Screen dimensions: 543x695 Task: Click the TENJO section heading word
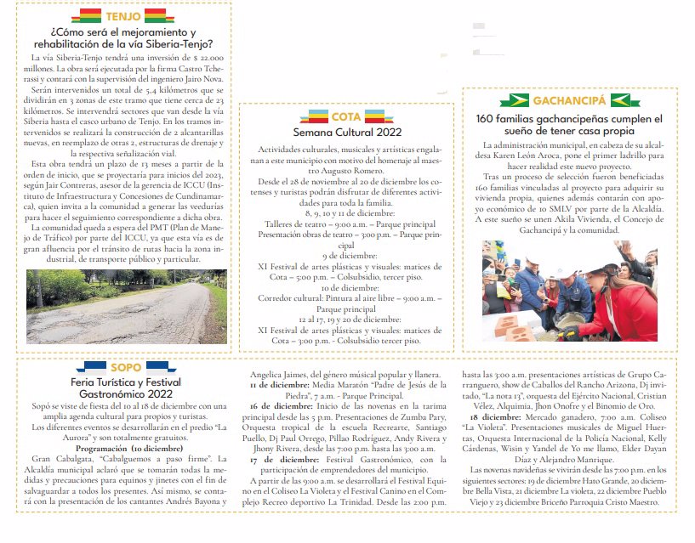(x=123, y=16)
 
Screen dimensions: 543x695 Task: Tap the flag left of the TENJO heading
(x=88, y=16)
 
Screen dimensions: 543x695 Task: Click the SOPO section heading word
(x=126, y=367)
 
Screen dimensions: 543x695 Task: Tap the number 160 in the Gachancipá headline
(x=488, y=119)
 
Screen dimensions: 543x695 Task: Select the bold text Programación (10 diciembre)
(x=128, y=448)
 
